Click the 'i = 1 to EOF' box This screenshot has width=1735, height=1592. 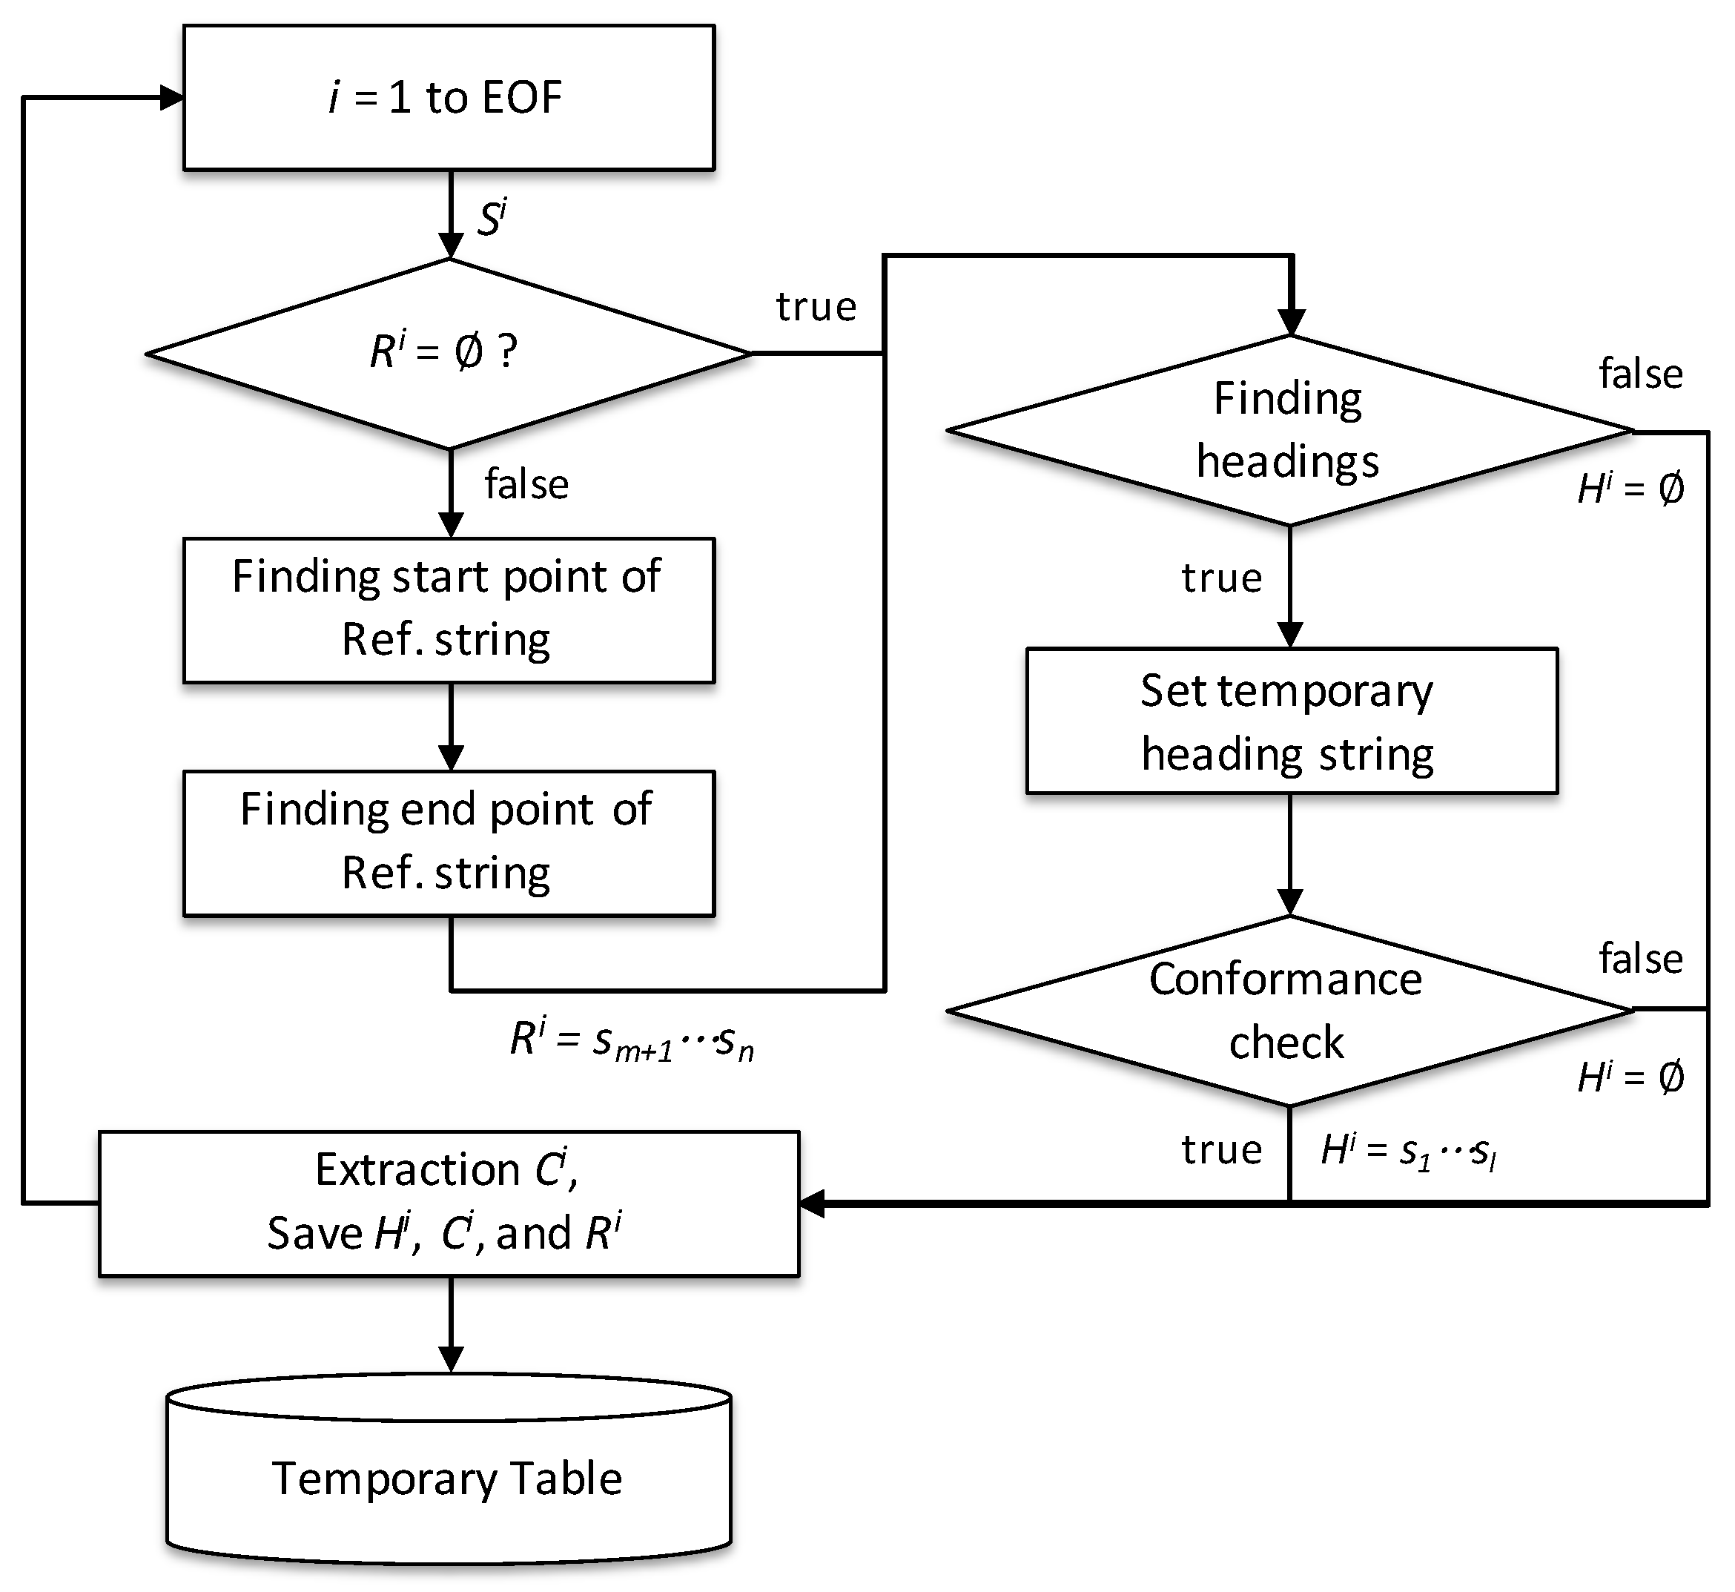click(x=448, y=97)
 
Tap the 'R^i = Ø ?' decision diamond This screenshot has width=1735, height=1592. click(x=448, y=353)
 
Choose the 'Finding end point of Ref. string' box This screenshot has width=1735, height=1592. click(x=448, y=842)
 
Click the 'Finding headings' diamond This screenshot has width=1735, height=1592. click(x=1289, y=430)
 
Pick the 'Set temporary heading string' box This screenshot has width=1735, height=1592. click(x=1290, y=720)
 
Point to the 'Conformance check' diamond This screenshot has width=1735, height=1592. click(x=1289, y=1011)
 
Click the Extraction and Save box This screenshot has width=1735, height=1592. click(x=448, y=1203)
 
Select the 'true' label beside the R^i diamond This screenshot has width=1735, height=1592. click(x=816, y=307)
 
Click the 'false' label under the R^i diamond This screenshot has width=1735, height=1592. click(x=526, y=484)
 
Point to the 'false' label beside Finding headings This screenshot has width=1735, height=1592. click(x=1640, y=374)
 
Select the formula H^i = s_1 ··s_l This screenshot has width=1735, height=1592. click(x=1407, y=1152)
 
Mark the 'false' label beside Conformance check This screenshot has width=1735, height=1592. click(x=1640, y=959)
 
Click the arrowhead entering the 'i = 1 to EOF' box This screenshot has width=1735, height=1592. click(x=171, y=98)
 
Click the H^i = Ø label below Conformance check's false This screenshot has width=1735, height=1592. click(x=1630, y=1077)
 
